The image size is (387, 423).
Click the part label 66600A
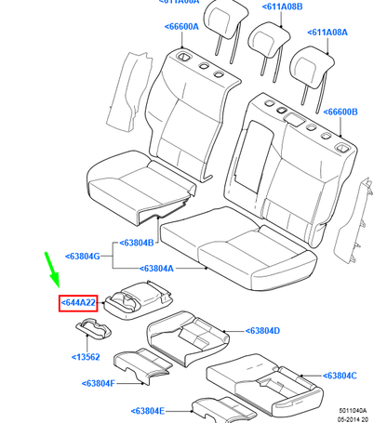click(x=182, y=27)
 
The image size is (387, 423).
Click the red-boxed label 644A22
click(x=78, y=304)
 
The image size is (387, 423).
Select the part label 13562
click(x=88, y=356)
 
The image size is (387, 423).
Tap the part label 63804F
click(x=99, y=382)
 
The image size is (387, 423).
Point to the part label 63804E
click(x=148, y=410)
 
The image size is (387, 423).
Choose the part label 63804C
click(x=340, y=376)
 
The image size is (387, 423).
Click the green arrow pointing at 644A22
click(x=51, y=270)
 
